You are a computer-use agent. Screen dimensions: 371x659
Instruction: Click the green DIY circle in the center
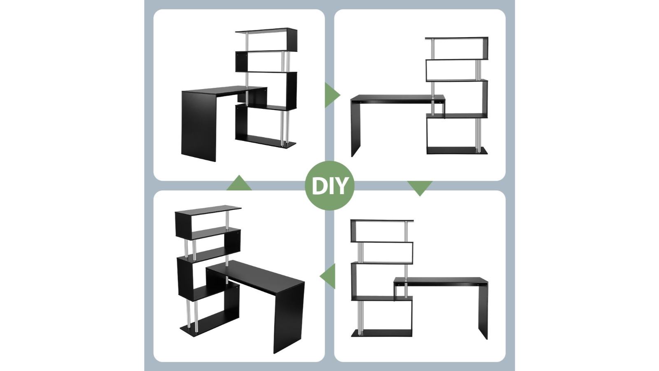point(329,186)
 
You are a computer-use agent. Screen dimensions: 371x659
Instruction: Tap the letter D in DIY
point(318,186)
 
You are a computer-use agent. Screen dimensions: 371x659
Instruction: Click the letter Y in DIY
point(341,186)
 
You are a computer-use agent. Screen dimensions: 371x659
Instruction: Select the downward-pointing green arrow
point(420,187)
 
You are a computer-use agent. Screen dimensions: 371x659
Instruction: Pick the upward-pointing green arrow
point(239,184)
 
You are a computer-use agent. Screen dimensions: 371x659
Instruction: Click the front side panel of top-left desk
point(199,126)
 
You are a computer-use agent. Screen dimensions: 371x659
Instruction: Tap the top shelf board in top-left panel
point(266,30)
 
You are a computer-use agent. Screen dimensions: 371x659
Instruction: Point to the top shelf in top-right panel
point(456,38)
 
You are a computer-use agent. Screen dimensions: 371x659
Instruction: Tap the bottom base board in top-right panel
point(456,150)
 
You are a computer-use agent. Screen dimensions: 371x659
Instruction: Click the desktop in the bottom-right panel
point(441,282)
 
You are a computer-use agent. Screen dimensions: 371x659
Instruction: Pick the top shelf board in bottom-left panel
point(208,209)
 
